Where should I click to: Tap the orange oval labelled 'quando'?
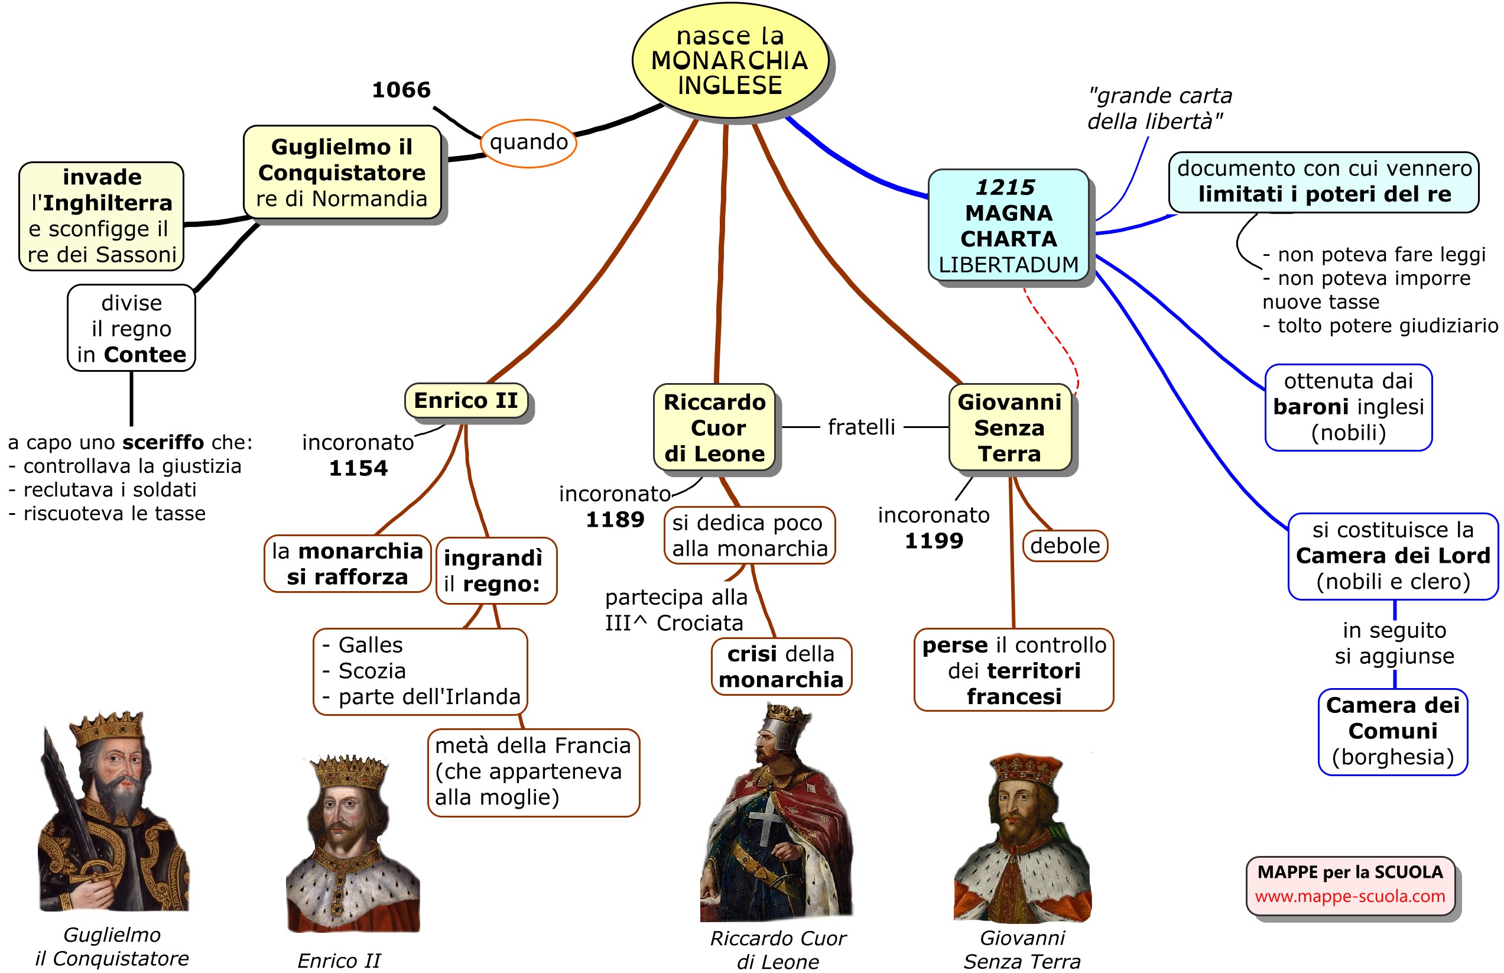click(x=528, y=143)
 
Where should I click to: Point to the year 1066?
click(x=401, y=90)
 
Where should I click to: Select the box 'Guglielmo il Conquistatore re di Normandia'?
click(x=342, y=173)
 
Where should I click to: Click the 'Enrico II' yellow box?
click(x=466, y=401)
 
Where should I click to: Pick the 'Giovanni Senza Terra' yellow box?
click(x=1009, y=428)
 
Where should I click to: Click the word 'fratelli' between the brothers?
click(x=861, y=427)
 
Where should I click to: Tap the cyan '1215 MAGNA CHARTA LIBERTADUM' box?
click(x=1008, y=226)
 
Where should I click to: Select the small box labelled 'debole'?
click(x=1064, y=545)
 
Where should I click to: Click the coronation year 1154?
click(x=358, y=468)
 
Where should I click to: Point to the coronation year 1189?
click(x=615, y=520)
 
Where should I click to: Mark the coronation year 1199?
click(x=934, y=541)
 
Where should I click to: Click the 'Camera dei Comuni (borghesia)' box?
click(x=1392, y=731)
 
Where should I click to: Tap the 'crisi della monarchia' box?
click(x=781, y=667)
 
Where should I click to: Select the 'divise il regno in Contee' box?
click(x=131, y=329)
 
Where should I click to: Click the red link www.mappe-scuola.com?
click(x=1349, y=896)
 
